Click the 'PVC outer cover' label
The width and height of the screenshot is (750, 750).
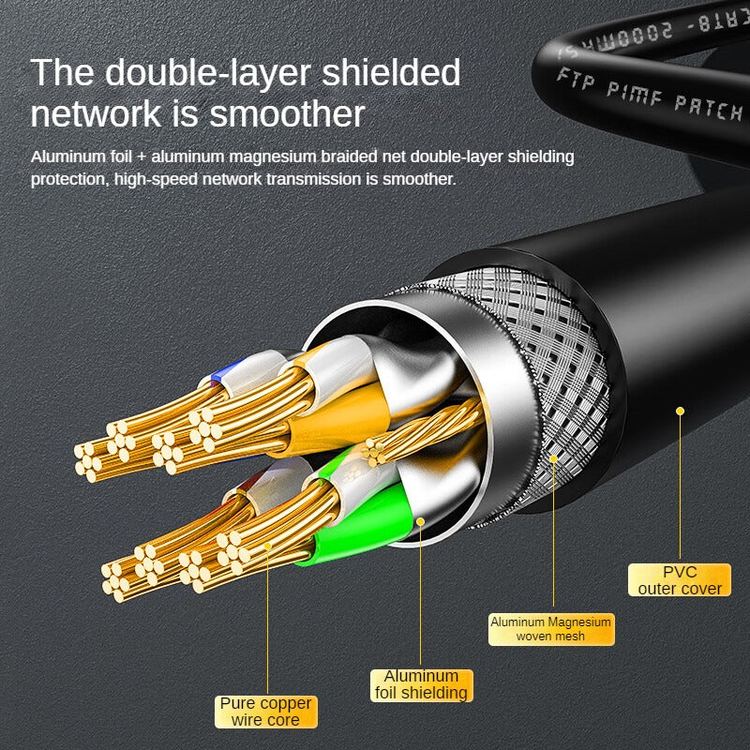pos(680,579)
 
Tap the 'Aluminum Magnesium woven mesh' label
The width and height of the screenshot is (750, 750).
pos(551,628)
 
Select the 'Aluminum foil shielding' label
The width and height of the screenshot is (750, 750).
pos(421,684)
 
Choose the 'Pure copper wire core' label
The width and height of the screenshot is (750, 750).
pos(266,712)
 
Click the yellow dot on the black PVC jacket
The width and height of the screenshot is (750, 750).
pos(681,411)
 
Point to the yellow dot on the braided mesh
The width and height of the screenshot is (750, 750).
pos(553,458)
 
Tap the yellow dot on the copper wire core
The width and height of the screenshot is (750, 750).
pos(267,545)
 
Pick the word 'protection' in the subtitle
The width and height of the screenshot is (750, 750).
pos(67,177)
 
